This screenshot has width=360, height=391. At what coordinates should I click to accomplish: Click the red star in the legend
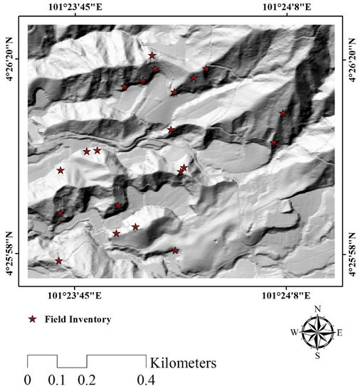pyautogui.click(x=32, y=320)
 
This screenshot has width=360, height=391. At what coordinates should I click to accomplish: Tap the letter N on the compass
pyautogui.click(x=318, y=308)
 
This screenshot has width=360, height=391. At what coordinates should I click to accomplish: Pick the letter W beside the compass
pyautogui.click(x=294, y=332)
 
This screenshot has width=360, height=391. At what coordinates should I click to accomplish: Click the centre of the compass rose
pyautogui.click(x=317, y=331)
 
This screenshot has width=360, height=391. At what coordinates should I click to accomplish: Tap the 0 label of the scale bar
pyautogui.click(x=28, y=379)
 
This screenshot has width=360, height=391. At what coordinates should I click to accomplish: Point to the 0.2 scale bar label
pyautogui.click(x=88, y=379)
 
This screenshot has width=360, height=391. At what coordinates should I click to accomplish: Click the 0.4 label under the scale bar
pyautogui.click(x=145, y=379)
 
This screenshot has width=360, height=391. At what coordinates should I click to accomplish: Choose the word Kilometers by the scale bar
pyautogui.click(x=183, y=363)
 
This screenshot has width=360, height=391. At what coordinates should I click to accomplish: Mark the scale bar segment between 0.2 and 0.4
pyautogui.click(x=116, y=355)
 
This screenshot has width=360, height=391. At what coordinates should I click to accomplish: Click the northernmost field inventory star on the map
pyautogui.click(x=152, y=55)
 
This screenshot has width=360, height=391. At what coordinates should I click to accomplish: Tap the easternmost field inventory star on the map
pyautogui.click(x=282, y=113)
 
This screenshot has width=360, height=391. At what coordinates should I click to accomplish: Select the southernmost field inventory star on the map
pyautogui.click(x=59, y=261)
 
